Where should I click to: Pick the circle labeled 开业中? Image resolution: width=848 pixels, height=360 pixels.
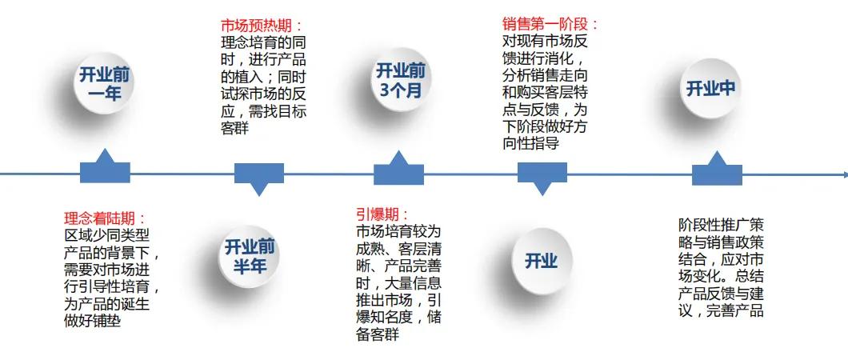pyautogui.click(x=710, y=89)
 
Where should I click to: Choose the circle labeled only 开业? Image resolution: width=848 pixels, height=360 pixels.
pyautogui.click(x=542, y=261)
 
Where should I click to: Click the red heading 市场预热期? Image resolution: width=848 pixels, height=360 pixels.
pyautogui.click(x=262, y=26)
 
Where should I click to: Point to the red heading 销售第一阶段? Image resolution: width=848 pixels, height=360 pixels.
pyautogui.click(x=550, y=24)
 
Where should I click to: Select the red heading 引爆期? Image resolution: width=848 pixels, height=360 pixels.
pyautogui.click(x=382, y=214)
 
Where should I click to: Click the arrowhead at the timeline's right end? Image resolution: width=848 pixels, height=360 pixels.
pyautogui.click(x=844, y=174)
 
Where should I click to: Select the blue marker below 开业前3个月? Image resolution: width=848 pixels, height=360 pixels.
pyautogui.click(x=398, y=170)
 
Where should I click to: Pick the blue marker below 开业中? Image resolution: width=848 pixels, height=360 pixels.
pyautogui.click(x=717, y=170)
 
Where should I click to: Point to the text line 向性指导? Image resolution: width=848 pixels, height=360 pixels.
pyautogui.click(x=530, y=144)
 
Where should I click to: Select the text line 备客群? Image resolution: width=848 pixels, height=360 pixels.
pyautogui.click(x=378, y=335)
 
